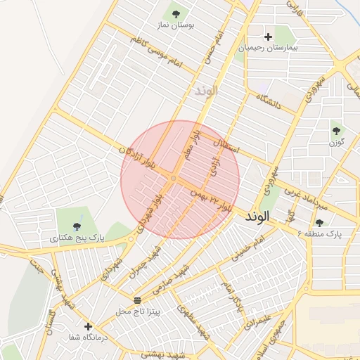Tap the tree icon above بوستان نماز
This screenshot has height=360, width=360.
[x=175, y=13]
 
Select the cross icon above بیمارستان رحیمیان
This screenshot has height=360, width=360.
[x=268, y=37]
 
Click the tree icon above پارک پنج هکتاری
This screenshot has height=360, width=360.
[x=77, y=226]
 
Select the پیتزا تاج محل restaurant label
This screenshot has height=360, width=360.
[x=138, y=310]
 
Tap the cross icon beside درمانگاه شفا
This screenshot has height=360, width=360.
[x=88, y=327]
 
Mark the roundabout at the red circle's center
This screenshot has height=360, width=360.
[x=173, y=179]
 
